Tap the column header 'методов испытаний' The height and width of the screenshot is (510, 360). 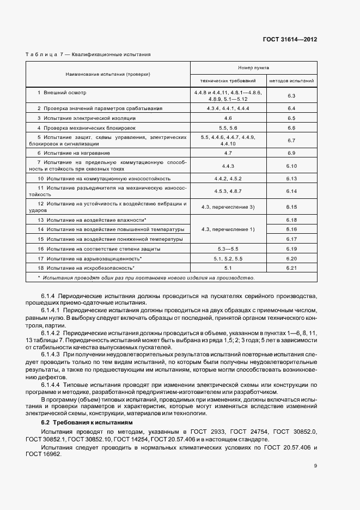click(291, 81)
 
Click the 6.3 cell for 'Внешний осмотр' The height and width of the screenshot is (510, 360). click(291, 96)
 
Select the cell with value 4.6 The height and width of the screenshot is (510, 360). click(228, 118)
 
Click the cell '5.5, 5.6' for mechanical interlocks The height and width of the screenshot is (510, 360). click(228, 127)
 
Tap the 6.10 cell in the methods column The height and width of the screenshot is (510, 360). click(291, 166)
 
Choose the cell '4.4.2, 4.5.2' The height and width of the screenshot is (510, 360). click(228, 178)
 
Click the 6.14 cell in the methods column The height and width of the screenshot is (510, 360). click(291, 191)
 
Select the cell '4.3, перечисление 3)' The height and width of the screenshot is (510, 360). click(228, 207)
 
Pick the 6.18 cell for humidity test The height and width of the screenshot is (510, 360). click(291, 220)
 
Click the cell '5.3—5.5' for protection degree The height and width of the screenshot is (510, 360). click(228, 248)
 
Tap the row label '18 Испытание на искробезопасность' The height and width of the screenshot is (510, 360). click(86, 268)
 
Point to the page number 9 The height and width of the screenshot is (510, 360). click(315, 466)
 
